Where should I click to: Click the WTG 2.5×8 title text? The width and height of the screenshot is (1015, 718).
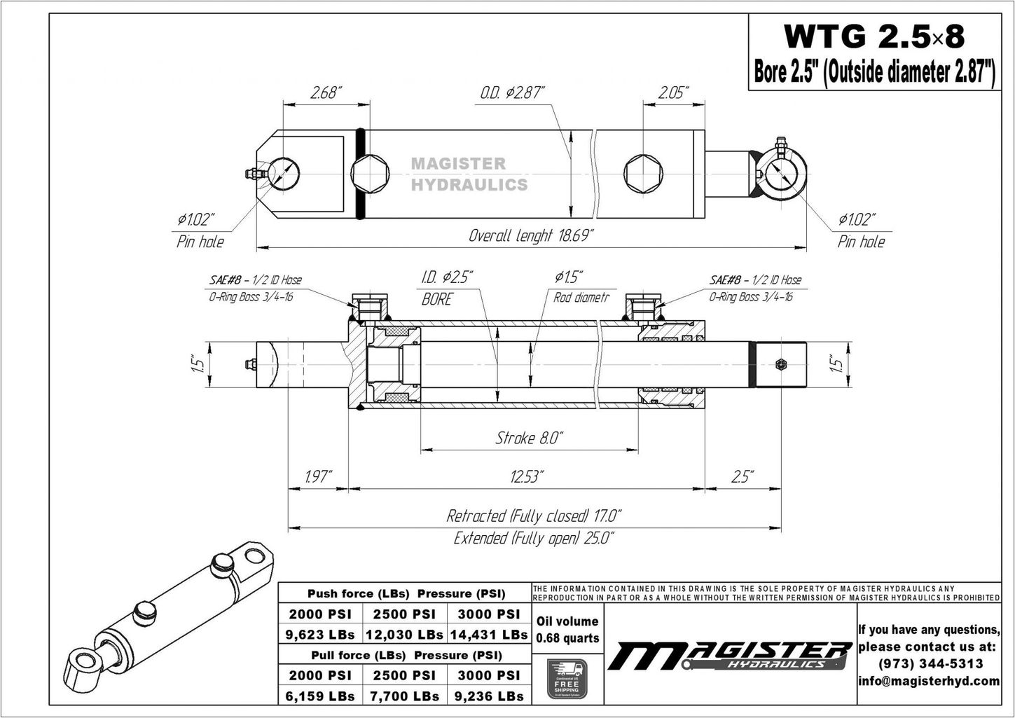pyautogui.click(x=873, y=36)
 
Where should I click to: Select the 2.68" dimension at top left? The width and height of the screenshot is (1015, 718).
pyautogui.click(x=325, y=92)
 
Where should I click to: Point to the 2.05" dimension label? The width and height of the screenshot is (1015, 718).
pyautogui.click(x=672, y=92)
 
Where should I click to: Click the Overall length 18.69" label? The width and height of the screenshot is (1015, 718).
pyautogui.click(x=531, y=235)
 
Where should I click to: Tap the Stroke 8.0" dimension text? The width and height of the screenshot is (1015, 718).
pyautogui.click(x=529, y=439)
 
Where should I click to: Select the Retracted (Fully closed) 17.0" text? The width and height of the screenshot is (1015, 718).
pyautogui.click(x=534, y=516)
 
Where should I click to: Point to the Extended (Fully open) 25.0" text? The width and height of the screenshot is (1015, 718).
pyautogui.click(x=534, y=538)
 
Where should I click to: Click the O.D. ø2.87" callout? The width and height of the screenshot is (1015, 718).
pyautogui.click(x=512, y=92)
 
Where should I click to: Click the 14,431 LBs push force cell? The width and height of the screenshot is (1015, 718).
pyautogui.click(x=489, y=635)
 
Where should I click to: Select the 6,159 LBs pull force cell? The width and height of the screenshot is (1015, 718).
pyautogui.click(x=320, y=696)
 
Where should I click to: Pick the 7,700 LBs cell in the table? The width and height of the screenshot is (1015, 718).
pyautogui.click(x=405, y=696)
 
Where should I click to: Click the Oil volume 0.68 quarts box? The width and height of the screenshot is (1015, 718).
pyautogui.click(x=567, y=630)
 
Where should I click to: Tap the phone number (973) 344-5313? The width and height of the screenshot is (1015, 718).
pyautogui.click(x=929, y=663)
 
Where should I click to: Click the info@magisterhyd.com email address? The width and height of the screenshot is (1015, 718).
pyautogui.click(x=929, y=681)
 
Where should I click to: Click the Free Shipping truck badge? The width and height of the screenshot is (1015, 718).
pyautogui.click(x=567, y=679)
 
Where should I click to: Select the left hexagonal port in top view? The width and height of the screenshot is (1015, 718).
pyautogui.click(x=368, y=174)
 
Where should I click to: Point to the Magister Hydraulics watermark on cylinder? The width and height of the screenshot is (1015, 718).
pyautogui.click(x=468, y=174)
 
